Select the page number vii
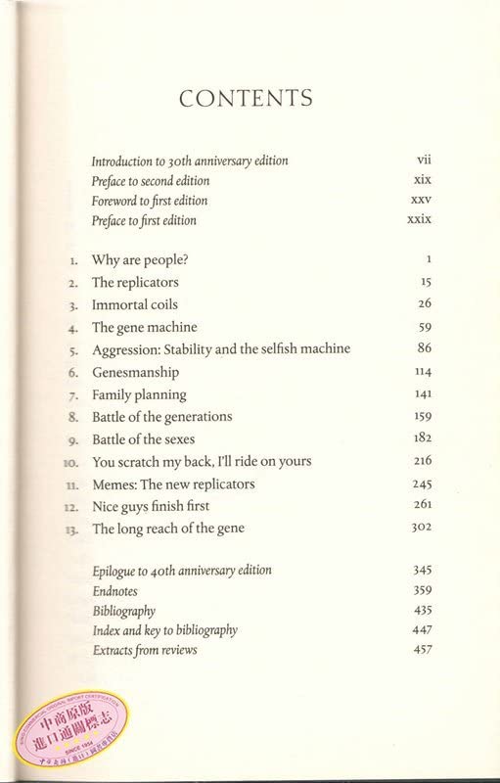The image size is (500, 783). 424,160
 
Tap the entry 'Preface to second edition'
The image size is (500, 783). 150,181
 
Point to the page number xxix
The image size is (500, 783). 419,220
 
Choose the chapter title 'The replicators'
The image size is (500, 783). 135,283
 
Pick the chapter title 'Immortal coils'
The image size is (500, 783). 135,304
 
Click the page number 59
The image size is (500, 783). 424,327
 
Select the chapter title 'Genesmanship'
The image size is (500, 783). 135,373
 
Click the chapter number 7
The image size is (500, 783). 72,395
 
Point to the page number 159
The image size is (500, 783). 422,417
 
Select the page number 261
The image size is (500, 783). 422,506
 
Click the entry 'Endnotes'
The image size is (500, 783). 114,591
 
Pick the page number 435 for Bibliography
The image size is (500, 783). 422,611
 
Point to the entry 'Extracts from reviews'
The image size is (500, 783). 144,651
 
